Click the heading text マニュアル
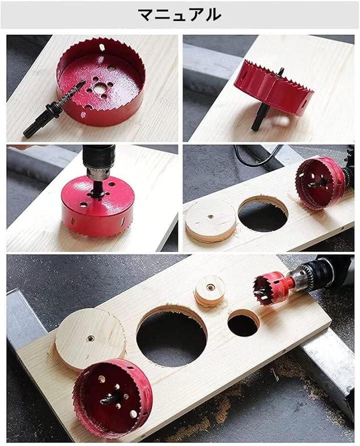point(179,15)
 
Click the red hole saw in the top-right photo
point(274,86)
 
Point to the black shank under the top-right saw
point(259,117)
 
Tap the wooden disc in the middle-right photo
point(211,220)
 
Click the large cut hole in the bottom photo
point(171,336)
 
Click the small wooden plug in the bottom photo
point(210,291)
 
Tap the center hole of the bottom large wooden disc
point(91,338)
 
